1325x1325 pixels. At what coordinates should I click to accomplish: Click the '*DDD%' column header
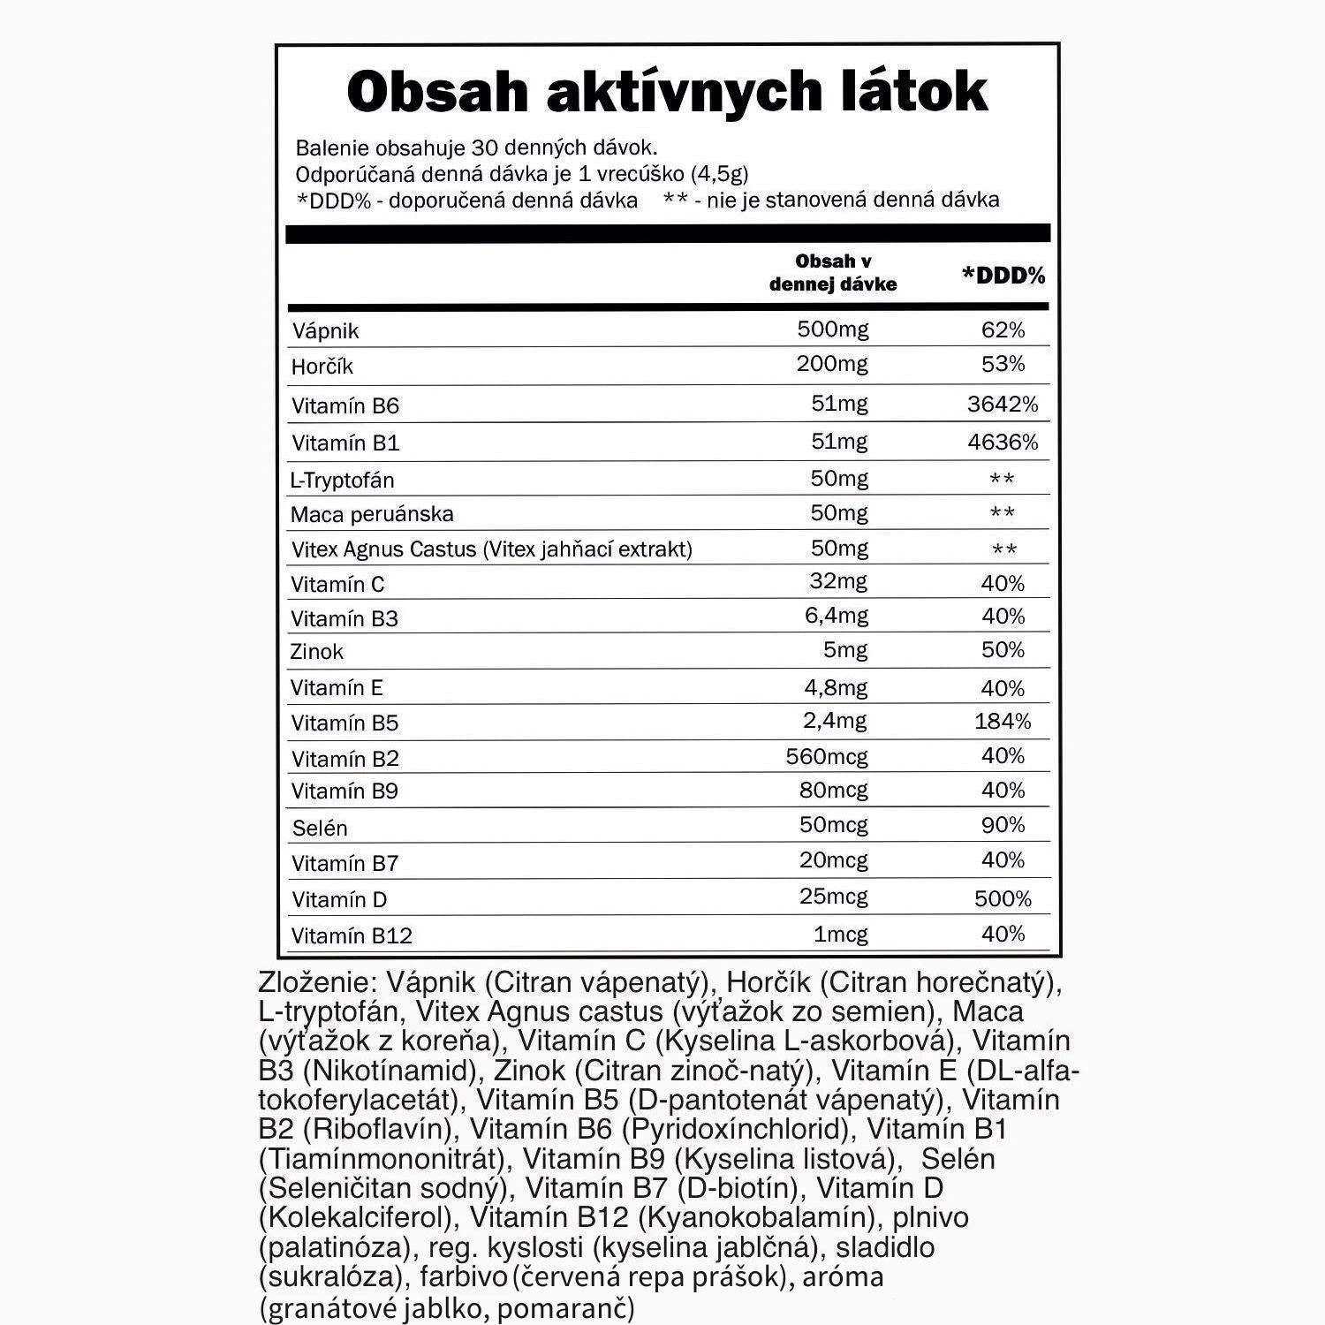1003,276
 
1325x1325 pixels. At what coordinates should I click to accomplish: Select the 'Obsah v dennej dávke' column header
833,272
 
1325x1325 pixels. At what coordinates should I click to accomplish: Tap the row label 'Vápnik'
325,331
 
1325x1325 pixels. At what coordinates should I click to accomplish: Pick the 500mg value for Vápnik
832,329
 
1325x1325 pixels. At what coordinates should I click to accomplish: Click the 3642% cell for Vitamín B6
1003,405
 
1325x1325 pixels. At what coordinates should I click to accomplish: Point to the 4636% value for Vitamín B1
1003,442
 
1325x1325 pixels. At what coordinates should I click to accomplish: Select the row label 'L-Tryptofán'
343,481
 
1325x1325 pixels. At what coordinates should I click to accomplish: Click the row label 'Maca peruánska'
372,514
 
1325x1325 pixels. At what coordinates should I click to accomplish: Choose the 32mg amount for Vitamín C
838,581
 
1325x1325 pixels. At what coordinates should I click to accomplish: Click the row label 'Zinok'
316,652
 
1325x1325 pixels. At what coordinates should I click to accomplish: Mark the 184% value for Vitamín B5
1003,722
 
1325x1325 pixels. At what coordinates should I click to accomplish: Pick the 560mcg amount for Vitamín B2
827,757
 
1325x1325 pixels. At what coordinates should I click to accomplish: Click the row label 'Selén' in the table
320,829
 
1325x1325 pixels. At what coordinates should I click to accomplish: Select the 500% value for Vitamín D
1003,899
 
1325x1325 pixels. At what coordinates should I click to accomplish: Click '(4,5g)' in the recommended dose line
719,174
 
